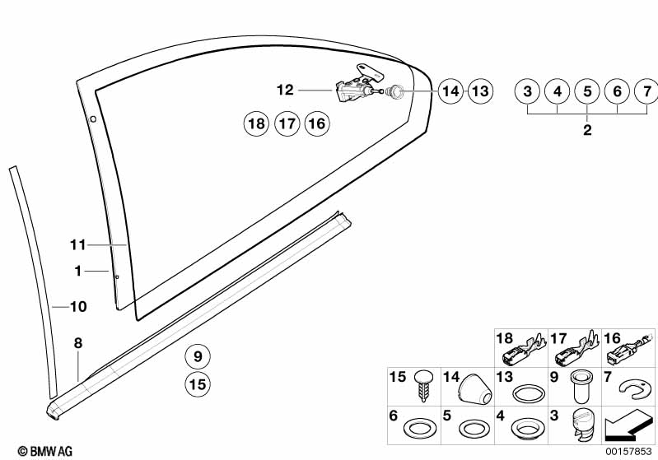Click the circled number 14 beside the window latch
tap(450, 91)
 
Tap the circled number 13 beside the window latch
tap(479, 91)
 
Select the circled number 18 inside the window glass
tap(256, 124)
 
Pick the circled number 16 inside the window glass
tap(315, 124)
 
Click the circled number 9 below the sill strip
tap(197, 357)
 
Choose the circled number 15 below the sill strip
tap(197, 383)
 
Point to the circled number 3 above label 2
tap(528, 91)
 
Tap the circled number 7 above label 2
tap(646, 91)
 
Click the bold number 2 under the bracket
tap(587, 130)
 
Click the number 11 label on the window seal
tap(77, 244)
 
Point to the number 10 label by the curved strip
tap(77, 307)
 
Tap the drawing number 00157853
tap(629, 451)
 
